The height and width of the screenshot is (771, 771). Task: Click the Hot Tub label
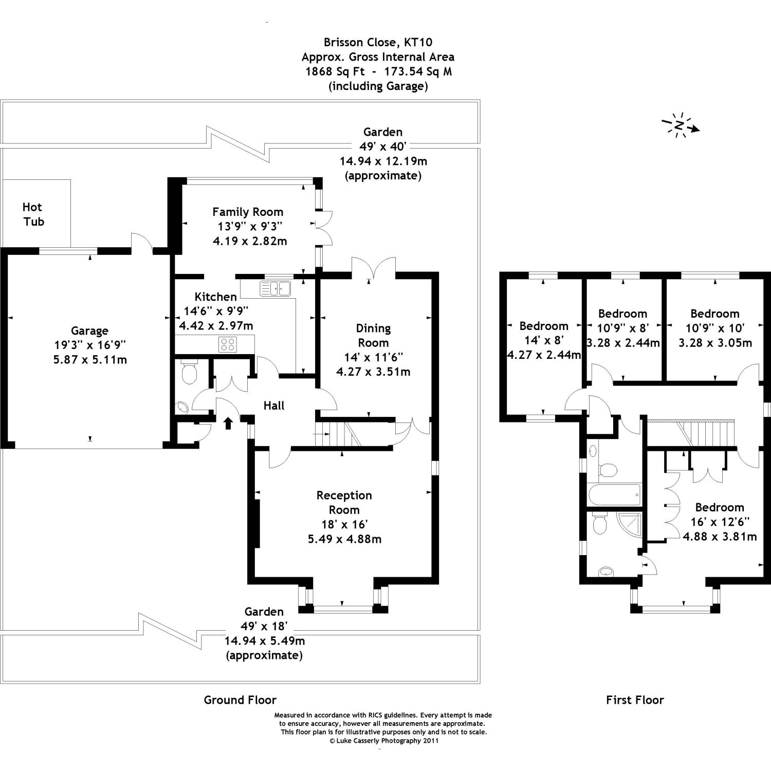point(33,214)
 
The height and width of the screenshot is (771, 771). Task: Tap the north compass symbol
point(681,125)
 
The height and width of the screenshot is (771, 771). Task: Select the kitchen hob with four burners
point(227,344)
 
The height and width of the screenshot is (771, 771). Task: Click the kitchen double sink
point(276,288)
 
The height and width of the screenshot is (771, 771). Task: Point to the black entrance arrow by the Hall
point(228,423)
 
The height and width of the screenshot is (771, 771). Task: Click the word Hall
point(274,406)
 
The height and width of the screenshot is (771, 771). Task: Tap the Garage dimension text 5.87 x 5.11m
point(90,360)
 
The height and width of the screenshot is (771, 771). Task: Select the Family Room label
point(248,212)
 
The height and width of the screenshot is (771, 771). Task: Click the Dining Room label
point(374,335)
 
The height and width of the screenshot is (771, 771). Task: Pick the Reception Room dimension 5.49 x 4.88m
point(344,539)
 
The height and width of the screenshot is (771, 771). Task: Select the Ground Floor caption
point(240,700)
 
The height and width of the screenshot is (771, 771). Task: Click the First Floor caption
point(635,700)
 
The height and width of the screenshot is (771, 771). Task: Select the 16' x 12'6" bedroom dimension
point(720,522)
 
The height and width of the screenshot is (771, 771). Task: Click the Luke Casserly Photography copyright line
point(383,741)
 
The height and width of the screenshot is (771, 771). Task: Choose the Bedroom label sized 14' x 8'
point(544,326)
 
